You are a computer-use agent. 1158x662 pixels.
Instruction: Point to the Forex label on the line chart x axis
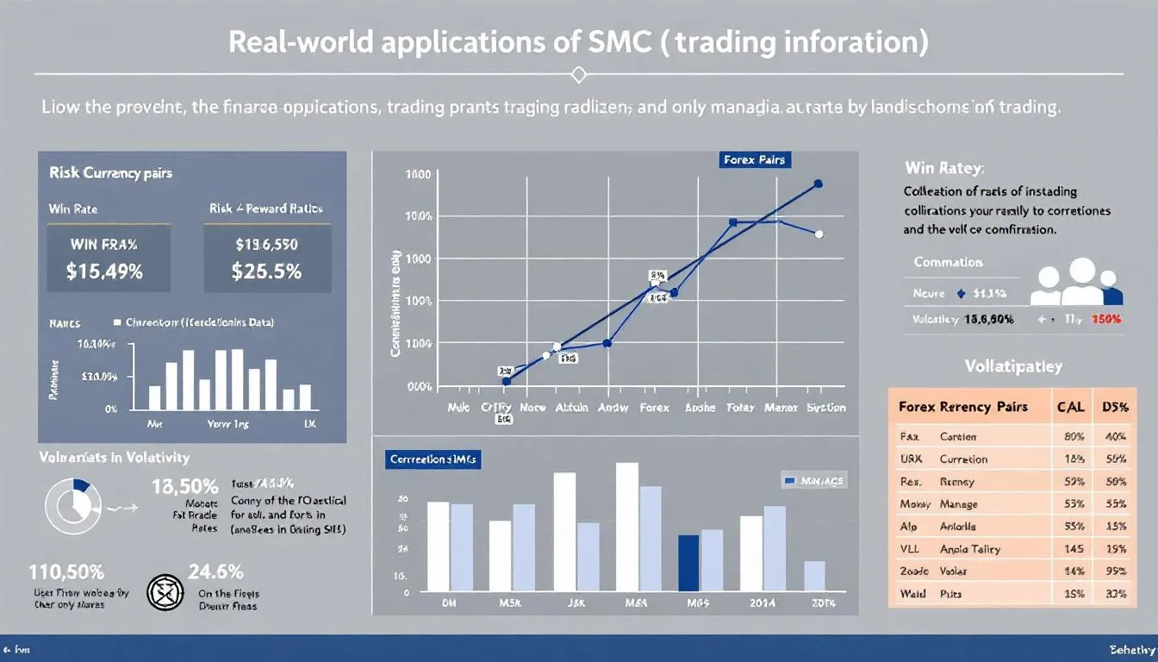[x=654, y=408]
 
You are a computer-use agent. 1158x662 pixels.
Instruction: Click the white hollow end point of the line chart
[x=819, y=234]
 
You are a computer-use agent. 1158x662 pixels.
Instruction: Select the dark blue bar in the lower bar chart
[x=688, y=560]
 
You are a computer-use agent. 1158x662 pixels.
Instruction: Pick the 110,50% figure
[x=66, y=571]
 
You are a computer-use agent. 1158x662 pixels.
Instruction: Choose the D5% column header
[x=1109, y=406]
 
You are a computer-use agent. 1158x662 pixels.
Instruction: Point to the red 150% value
[x=1105, y=319]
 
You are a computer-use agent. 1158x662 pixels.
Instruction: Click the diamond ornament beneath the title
[x=578, y=76]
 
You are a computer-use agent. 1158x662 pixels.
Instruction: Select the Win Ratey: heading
[x=944, y=167]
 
